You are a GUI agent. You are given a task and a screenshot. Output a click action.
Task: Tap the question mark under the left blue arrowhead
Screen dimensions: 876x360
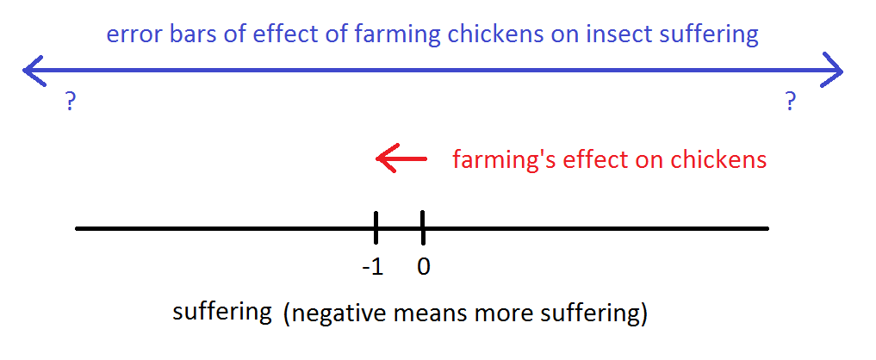coord(70,102)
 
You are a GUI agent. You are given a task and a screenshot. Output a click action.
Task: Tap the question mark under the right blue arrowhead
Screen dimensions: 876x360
coord(790,102)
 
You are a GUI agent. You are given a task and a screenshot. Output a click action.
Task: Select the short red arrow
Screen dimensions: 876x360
coord(401,158)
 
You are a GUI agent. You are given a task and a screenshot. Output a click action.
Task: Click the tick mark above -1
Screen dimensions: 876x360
coord(376,227)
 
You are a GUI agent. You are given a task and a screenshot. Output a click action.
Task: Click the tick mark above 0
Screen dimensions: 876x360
coord(423,227)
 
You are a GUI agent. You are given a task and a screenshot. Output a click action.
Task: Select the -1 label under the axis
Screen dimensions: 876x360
coord(373,267)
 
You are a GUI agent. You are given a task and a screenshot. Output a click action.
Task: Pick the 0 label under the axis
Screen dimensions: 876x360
coord(424,267)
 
